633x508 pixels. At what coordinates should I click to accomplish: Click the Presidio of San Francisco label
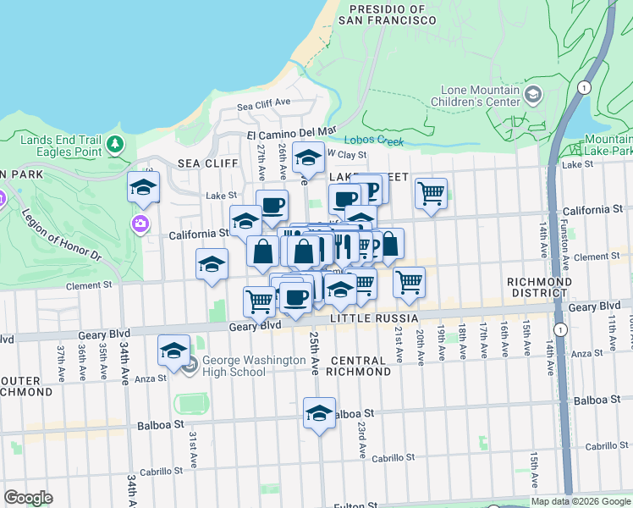point(387,14)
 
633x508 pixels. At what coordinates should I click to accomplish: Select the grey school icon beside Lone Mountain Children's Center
point(532,94)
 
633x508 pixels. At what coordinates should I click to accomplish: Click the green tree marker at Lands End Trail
point(115,146)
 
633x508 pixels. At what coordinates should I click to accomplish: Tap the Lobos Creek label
point(374,141)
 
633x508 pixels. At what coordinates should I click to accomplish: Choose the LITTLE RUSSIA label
point(374,317)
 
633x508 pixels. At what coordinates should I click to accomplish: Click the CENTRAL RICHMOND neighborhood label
point(360,365)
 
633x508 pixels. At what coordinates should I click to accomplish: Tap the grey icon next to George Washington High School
point(190,366)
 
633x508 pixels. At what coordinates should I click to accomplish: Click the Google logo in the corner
point(28,498)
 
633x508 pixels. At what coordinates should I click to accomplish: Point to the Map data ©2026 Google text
point(581,501)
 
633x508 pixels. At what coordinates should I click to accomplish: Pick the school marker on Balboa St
point(319,413)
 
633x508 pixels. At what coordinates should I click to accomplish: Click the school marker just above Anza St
point(173,351)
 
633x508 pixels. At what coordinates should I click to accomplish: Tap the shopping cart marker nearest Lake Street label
point(431,193)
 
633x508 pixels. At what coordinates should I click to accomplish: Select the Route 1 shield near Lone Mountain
point(583,88)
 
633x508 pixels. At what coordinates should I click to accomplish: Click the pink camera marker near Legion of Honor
point(139,224)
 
